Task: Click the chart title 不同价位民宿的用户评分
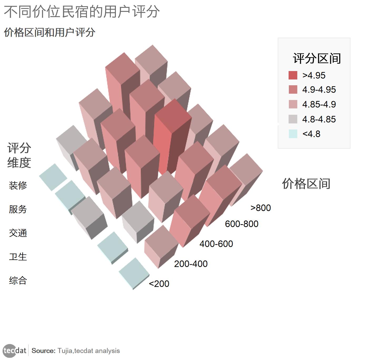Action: [x=82, y=12]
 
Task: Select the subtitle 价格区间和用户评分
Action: [x=50, y=32]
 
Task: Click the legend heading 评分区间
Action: [x=317, y=58]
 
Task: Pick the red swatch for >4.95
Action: [x=293, y=75]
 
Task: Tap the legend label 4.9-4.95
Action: [x=319, y=90]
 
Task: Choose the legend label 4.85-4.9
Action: [x=319, y=104]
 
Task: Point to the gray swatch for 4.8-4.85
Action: [x=293, y=119]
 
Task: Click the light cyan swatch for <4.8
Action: [x=293, y=134]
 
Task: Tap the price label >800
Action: [x=260, y=208]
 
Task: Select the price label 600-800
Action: [x=241, y=224]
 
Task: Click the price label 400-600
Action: [x=216, y=244]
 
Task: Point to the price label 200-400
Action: [x=191, y=264]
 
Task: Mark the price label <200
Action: [x=159, y=284]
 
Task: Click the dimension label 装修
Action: [x=18, y=186]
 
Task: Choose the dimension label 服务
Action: [x=18, y=209]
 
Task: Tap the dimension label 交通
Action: [x=18, y=233]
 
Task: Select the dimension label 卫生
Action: [x=18, y=257]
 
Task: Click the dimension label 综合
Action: [x=18, y=280]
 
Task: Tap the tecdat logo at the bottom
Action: [x=15, y=351]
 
